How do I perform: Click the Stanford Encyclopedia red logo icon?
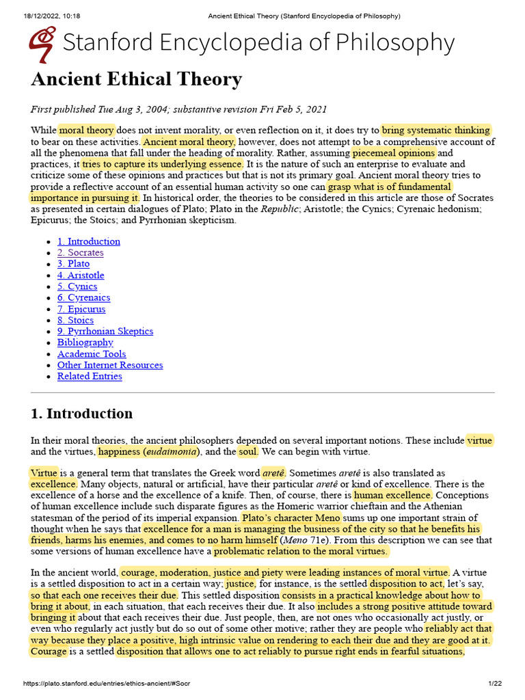pos(42,44)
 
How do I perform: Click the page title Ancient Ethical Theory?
pos(136,80)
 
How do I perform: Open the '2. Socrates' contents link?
pos(80,252)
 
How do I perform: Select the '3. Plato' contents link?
pos(73,264)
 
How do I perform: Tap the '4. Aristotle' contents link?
pos(81,275)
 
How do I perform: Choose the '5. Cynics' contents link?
pos(77,286)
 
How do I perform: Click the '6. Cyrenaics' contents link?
pos(83,297)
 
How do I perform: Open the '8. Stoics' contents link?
pos(75,320)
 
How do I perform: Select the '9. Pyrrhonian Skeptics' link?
pos(105,331)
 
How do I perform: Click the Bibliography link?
pos(85,342)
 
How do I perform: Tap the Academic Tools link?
pos(92,353)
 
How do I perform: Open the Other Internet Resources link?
pos(110,365)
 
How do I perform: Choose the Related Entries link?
pos(90,376)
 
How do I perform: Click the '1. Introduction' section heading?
pos(82,414)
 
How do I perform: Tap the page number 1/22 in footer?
pos(495,684)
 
